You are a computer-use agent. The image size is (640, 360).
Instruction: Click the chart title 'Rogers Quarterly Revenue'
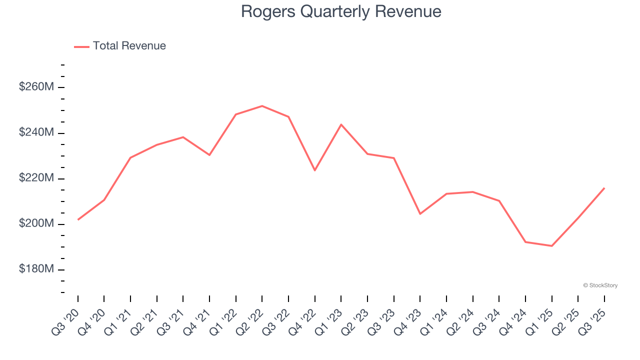click(x=341, y=11)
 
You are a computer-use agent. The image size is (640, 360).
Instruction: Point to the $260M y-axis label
click(x=36, y=87)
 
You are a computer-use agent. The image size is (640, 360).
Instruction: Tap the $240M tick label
click(x=36, y=132)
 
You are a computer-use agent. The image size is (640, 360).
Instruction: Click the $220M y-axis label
click(x=36, y=178)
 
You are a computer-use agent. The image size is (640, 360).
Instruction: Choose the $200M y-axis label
click(x=36, y=223)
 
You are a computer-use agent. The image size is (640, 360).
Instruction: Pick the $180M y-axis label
click(x=36, y=269)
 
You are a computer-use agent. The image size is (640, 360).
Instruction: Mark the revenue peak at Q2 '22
click(x=262, y=106)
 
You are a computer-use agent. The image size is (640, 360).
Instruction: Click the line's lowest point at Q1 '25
click(x=551, y=246)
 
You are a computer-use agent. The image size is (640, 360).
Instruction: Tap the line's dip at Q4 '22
click(x=314, y=170)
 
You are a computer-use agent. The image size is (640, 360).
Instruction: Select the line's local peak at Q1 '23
click(x=341, y=124)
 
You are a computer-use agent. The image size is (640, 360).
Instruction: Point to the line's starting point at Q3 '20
click(x=78, y=219)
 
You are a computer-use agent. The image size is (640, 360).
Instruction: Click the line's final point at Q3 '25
click(x=604, y=188)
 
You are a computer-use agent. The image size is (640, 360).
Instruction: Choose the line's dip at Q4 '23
click(x=420, y=214)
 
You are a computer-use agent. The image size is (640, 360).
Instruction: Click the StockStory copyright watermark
click(x=600, y=285)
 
